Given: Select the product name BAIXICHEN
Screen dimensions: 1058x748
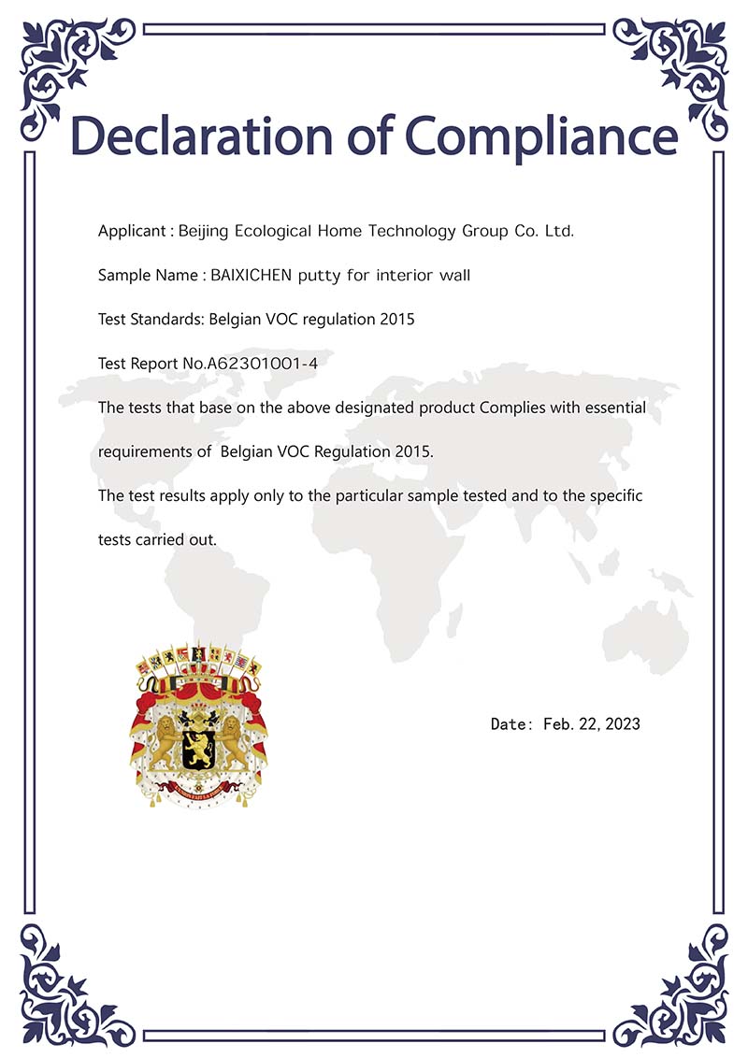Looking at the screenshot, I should click(x=252, y=275).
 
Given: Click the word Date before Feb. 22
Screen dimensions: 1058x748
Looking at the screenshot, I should click(x=511, y=723).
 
